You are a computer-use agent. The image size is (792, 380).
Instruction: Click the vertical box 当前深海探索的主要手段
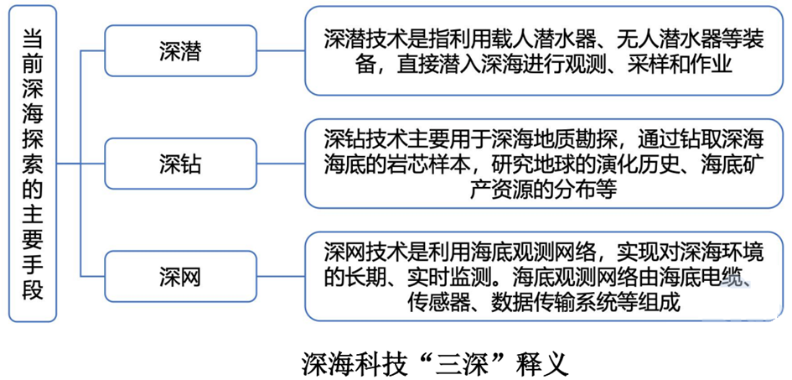pyautogui.click(x=33, y=164)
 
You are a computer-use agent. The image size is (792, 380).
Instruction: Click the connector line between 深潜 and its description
pyautogui.click(x=280, y=51)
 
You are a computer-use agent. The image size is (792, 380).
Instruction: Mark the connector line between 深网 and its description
pyautogui.click(x=280, y=276)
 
